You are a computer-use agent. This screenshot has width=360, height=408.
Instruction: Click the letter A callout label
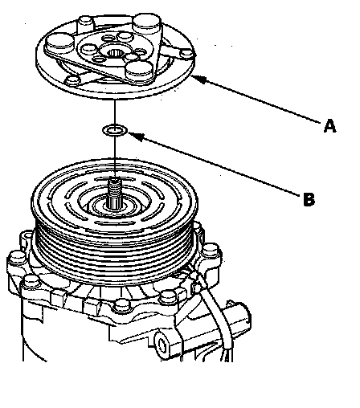pos(329,126)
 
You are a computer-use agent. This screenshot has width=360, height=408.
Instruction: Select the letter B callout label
pos(309,199)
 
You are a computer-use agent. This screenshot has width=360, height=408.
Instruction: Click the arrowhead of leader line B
pos(136,136)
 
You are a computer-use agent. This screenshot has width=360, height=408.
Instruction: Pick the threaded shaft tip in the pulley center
pos(116,185)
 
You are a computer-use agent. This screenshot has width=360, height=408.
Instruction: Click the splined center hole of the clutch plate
pos(116,53)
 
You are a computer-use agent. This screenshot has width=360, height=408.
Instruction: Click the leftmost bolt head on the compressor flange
pos(17,259)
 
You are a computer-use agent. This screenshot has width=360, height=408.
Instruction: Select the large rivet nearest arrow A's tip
pos(140,70)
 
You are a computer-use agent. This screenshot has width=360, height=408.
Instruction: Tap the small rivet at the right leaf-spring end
pos(186,54)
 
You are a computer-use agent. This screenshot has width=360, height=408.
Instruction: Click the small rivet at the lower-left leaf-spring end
pos(72,80)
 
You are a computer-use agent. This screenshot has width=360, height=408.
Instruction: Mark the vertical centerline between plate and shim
pos(115,112)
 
